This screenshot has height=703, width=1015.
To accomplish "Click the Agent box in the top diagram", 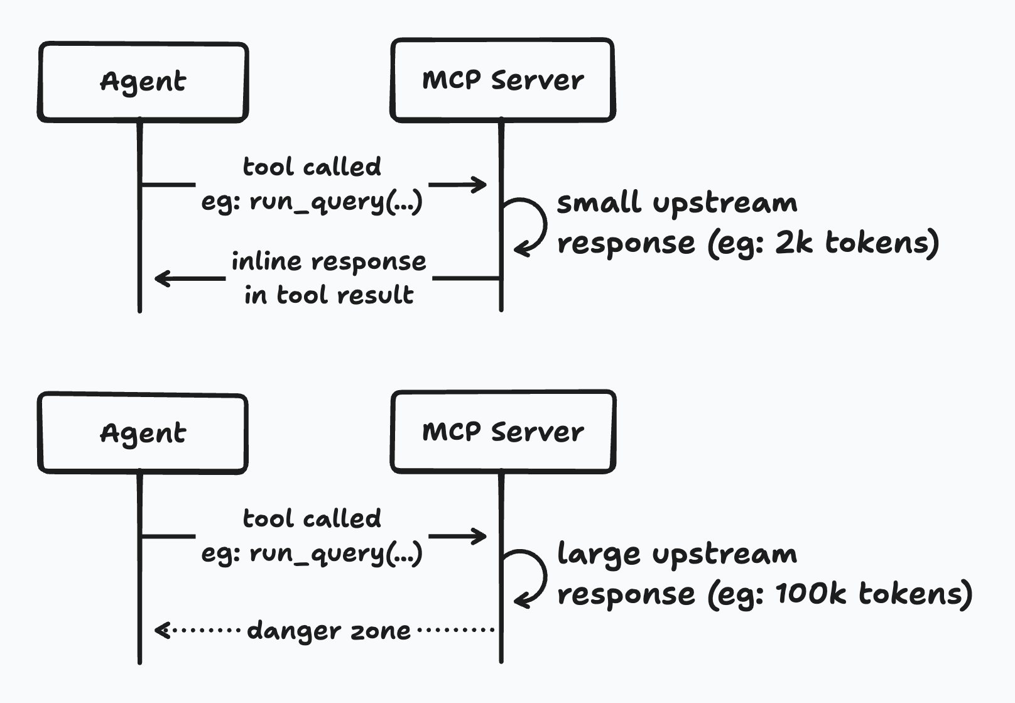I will click(x=143, y=82).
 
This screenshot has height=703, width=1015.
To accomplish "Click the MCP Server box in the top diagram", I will click(x=502, y=80).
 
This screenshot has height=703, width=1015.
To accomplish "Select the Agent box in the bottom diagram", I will click(x=143, y=433).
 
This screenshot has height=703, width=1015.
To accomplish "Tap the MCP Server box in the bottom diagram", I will click(x=502, y=432).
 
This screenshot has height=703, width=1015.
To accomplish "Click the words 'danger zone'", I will click(x=328, y=630).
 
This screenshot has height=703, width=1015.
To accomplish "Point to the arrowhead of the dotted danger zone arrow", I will click(x=161, y=629).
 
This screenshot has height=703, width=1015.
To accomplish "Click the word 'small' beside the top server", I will click(x=599, y=203).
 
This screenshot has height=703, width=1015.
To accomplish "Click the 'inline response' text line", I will click(x=328, y=261).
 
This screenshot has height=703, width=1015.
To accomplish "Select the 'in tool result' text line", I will click(x=328, y=295).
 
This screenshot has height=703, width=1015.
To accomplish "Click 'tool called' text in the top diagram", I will click(x=312, y=167).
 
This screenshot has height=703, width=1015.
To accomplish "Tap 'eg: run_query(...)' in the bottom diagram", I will click(x=312, y=553).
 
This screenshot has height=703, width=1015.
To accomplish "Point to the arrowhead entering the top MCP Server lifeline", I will click(x=480, y=184).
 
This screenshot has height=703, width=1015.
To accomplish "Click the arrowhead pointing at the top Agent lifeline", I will click(x=161, y=278).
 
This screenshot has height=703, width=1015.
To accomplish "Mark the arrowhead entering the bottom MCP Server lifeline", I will click(x=480, y=536).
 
